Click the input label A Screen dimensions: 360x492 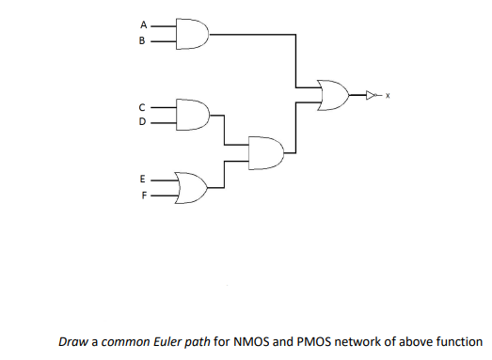pos(143,25)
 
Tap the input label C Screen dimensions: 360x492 pos(143,105)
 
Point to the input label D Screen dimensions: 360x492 pos(143,121)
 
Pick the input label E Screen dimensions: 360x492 pos(143,177)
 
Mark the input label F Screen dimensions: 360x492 pos(143,196)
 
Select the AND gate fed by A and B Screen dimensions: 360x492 pos(192,35)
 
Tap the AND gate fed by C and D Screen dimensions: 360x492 pos(192,114)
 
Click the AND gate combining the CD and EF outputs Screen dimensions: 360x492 pos(265,151)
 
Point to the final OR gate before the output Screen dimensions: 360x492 pos(334,94)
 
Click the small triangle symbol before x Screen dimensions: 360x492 pos(372,94)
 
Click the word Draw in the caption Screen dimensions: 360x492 pos(72,342)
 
